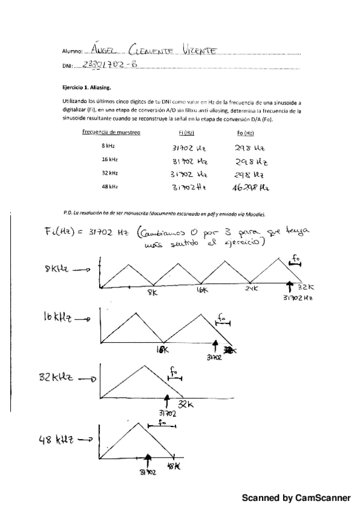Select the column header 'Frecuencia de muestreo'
pyautogui.click(x=111, y=132)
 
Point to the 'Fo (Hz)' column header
pyautogui.click(x=245, y=132)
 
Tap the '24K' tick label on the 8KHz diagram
pyautogui.click(x=251, y=289)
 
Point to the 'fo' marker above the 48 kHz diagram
pyautogui.click(x=161, y=423)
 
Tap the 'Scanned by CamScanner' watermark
pyautogui.click(x=296, y=498)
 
